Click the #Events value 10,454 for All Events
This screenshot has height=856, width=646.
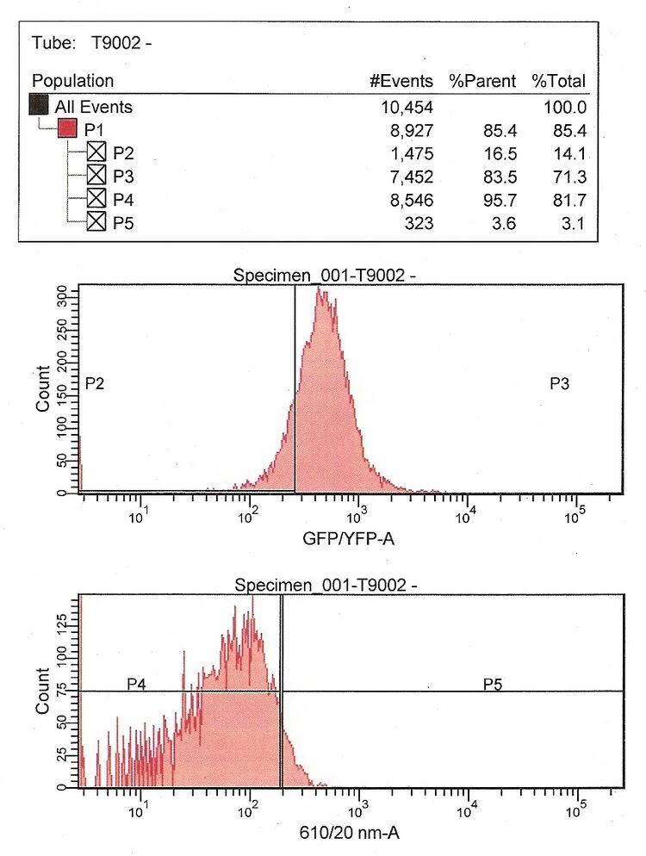(x=407, y=108)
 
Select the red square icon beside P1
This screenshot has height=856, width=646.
(x=68, y=131)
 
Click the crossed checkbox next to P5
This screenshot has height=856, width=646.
(x=96, y=223)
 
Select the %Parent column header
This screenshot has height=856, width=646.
(x=482, y=81)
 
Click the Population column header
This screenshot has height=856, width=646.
(x=72, y=81)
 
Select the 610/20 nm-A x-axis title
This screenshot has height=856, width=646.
(x=349, y=833)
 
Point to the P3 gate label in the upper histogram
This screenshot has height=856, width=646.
(x=559, y=384)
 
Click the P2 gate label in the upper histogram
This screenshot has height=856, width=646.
(x=95, y=384)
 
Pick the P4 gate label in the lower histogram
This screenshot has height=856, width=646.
(x=136, y=684)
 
